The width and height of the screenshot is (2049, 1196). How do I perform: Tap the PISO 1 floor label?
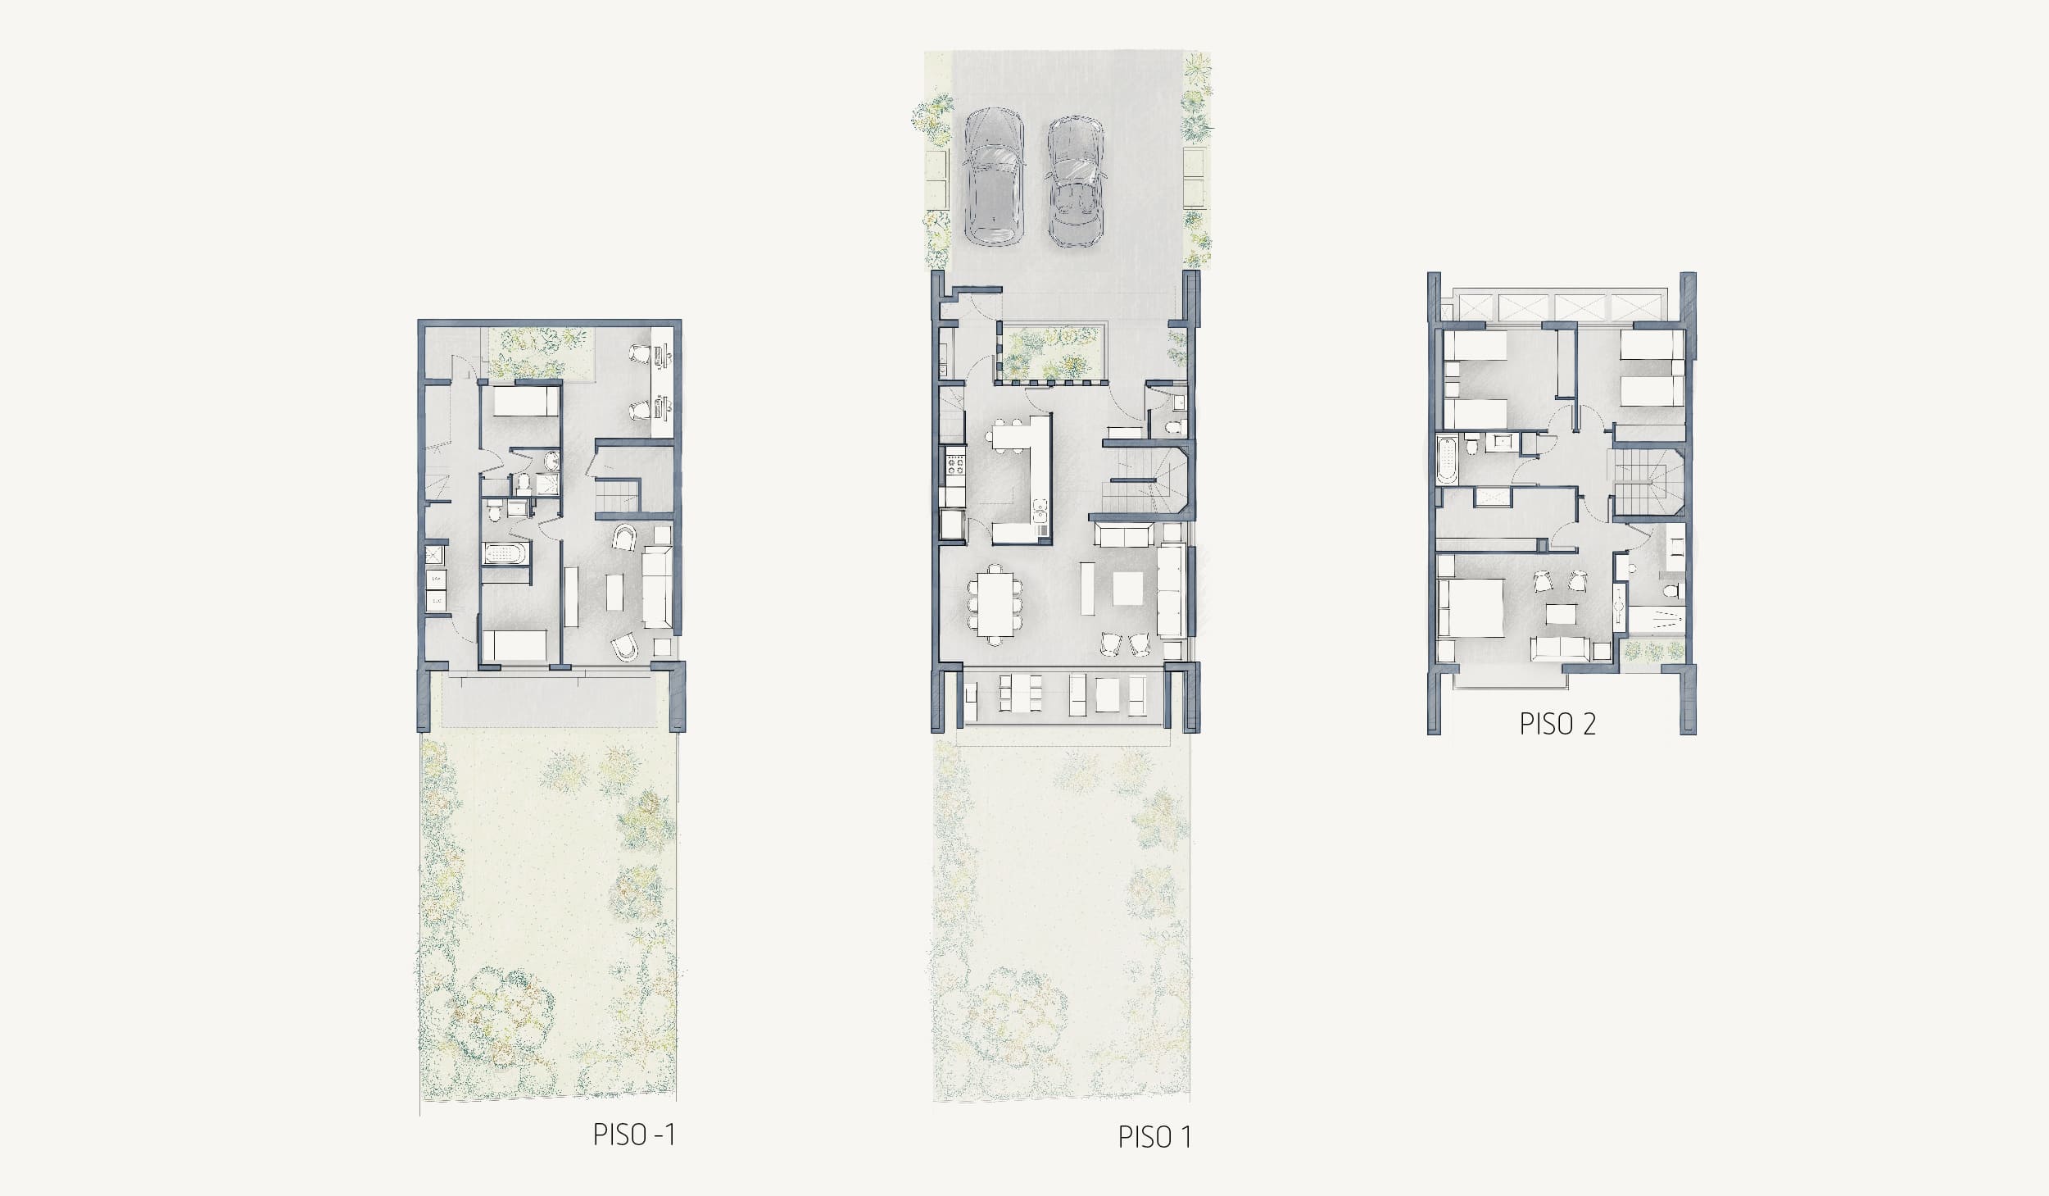pos(1154,1137)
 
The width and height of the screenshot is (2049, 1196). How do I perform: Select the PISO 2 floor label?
pos(1557,725)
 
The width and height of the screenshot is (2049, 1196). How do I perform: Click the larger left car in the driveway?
pos(993,177)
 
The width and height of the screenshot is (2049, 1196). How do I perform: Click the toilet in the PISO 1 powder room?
pos(1173,426)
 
